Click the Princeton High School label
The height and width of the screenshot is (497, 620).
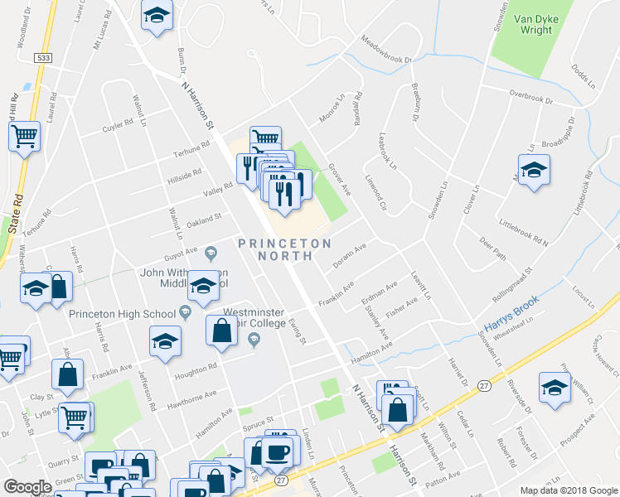[x=122, y=313]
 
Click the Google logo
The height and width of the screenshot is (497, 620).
[x=27, y=487]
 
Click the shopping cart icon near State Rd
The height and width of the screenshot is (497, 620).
[x=25, y=136]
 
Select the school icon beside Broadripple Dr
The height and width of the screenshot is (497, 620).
[x=534, y=171]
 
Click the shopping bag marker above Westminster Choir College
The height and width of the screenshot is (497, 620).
[x=222, y=331]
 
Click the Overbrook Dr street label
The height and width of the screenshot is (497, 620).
[x=531, y=96]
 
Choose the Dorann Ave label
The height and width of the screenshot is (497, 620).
[x=349, y=255]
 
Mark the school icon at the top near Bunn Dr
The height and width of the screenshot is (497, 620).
[x=157, y=17]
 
